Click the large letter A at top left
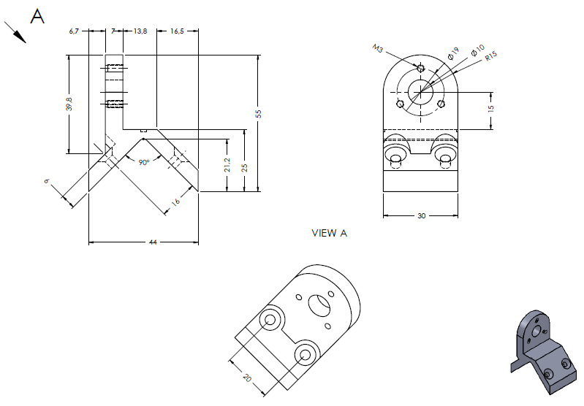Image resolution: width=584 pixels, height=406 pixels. coord(37,16)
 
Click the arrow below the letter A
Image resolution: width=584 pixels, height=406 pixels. coord(15,32)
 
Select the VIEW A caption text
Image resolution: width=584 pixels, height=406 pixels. coord(329,234)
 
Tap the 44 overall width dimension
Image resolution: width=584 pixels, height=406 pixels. coord(153,242)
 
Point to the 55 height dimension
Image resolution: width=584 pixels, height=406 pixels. coord(259,114)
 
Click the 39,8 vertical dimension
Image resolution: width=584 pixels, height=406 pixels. coord(69,104)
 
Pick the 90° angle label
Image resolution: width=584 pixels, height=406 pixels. coord(144,162)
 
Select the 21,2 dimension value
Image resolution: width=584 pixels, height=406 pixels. coord(227,165)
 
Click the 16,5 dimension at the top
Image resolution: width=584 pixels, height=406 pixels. coord(178,31)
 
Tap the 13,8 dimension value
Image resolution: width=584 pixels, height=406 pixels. coord(140,31)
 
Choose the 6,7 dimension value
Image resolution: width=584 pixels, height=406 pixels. coord(74,31)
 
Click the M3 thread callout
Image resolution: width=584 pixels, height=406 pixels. coord(377,48)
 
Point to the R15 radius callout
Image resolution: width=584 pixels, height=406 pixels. coord(491,55)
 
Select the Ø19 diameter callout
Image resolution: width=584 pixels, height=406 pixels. coord(453,53)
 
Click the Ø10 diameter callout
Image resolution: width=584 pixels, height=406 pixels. coord(478,50)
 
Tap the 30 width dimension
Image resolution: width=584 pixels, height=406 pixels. coord(421,216)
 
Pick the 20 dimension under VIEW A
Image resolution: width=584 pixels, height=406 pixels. coord(247,378)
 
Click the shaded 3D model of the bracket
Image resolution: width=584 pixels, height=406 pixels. coord(545,352)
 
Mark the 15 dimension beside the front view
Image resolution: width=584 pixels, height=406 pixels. coord(491,108)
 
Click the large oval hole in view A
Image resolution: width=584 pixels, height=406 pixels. coord(319,305)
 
